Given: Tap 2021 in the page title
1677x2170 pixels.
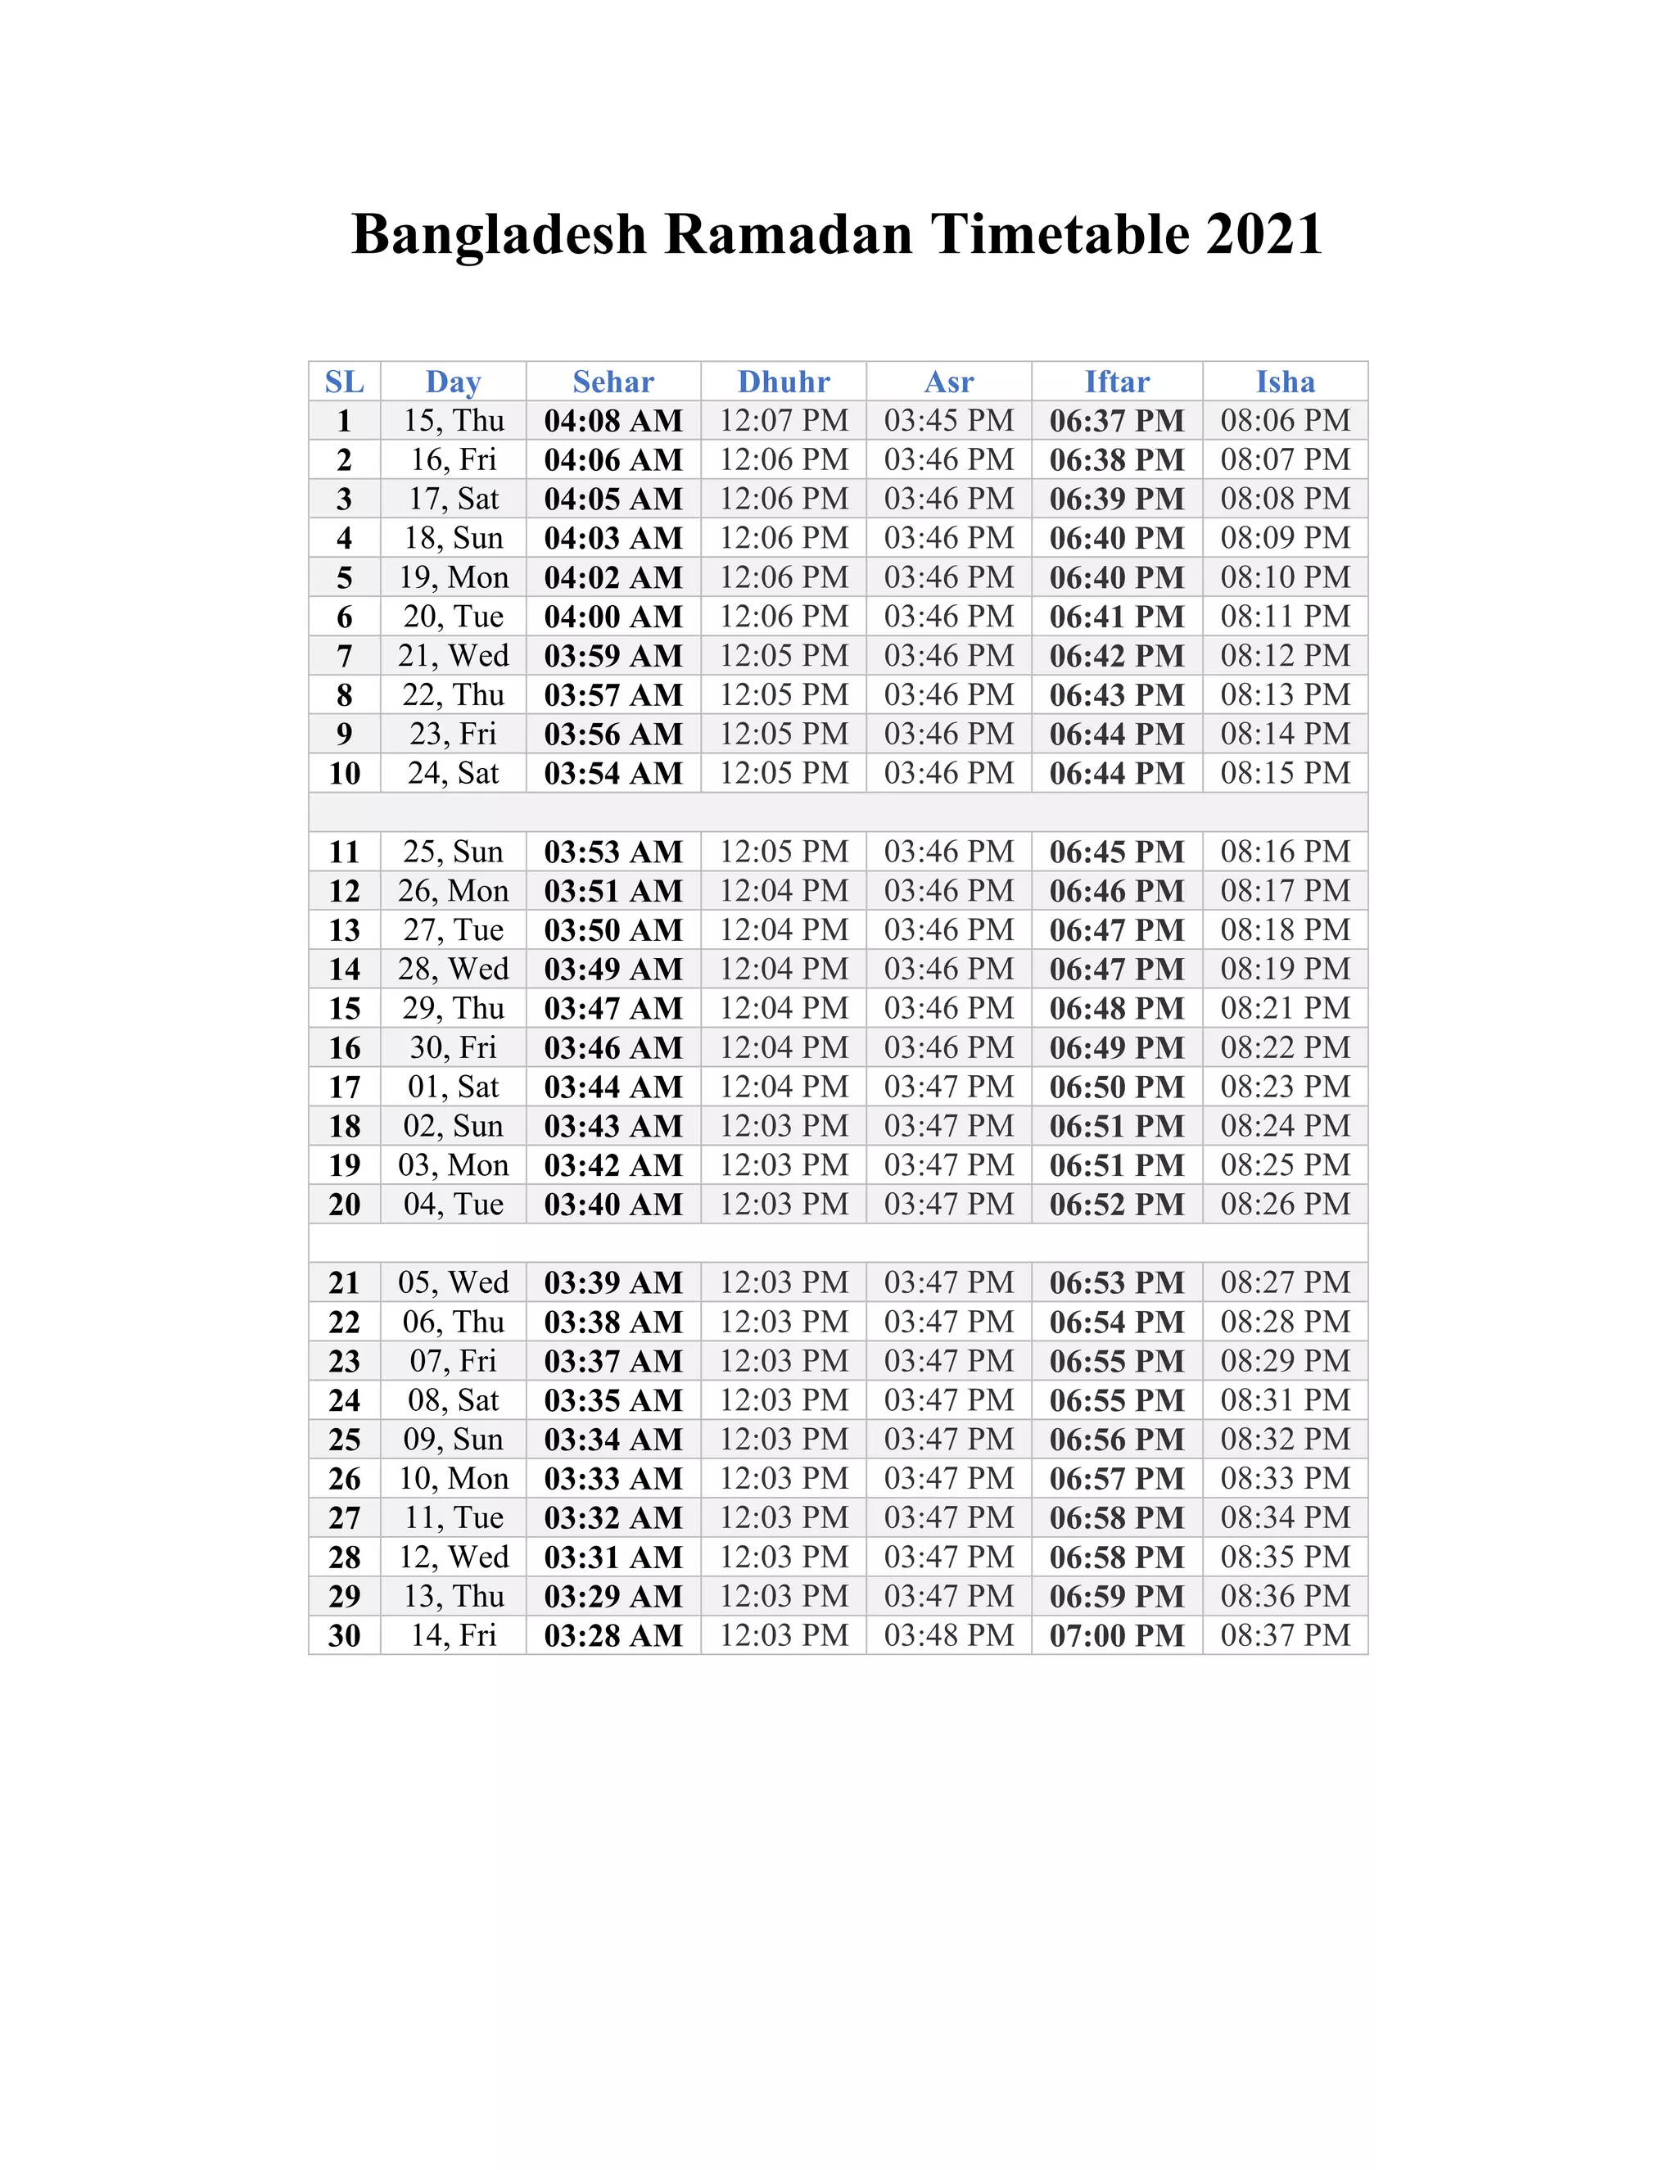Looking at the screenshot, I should [1263, 234].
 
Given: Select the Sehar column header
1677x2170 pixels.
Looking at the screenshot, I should [613, 382].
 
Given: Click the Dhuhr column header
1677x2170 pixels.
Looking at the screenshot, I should [783, 382].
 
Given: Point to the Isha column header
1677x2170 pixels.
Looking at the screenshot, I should [1285, 382].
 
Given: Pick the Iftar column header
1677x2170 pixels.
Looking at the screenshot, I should [1117, 382].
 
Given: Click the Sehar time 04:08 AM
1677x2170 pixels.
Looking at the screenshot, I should [613, 420].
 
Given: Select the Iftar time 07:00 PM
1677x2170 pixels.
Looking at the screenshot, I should [1117, 1634].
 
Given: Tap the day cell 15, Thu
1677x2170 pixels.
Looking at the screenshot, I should [453, 420].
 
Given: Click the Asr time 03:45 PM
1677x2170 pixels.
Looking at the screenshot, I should [949, 420].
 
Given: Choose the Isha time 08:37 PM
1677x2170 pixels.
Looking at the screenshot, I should [1285, 1634].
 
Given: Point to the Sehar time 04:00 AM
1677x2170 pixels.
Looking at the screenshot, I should [613, 616].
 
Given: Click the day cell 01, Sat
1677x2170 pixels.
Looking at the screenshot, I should [453, 1086].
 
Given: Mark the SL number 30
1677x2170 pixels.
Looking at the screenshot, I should [344, 1634].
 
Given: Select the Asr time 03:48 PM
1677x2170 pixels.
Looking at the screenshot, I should [949, 1634].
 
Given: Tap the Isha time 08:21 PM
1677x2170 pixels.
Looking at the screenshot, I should [1285, 1007].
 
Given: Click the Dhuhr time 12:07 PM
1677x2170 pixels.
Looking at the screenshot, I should [783, 420].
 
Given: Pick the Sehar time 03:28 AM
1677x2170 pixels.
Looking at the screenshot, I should [613, 1634].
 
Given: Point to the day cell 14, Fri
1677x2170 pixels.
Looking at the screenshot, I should [453, 1634].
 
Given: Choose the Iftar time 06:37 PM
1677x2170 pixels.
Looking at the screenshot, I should [1117, 420].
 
